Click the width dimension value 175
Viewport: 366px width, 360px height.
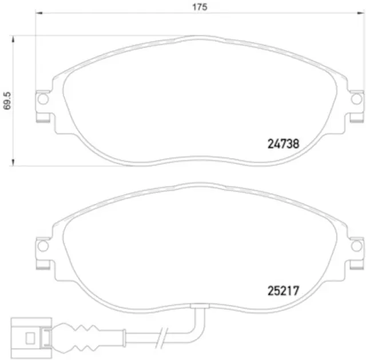click(199, 7)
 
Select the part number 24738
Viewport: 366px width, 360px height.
click(284, 145)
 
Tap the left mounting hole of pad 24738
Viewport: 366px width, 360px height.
click(42, 100)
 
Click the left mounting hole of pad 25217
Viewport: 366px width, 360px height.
click(42, 246)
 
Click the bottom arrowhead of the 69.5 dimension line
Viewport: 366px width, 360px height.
click(13, 165)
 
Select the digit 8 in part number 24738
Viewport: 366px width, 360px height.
click(296, 145)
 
